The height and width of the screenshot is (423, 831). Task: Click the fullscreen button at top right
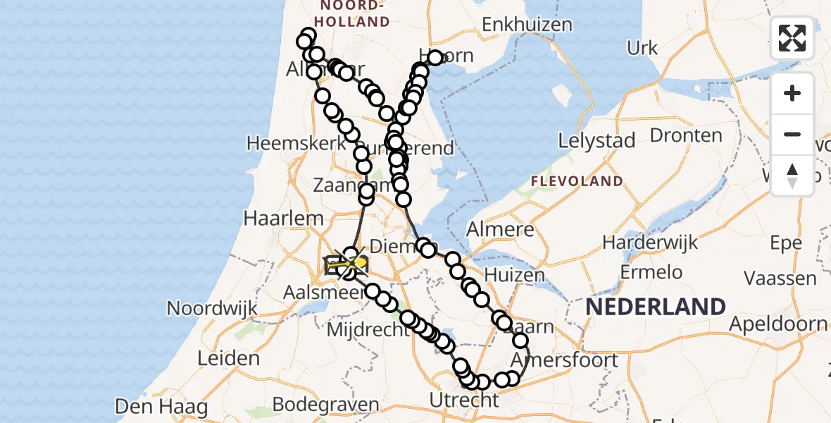tap(792, 38)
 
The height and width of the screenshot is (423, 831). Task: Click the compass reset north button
tap(792, 176)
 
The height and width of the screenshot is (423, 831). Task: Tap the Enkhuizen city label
tap(527, 25)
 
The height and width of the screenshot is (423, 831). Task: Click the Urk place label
tap(642, 48)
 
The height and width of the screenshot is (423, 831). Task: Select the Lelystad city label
tap(596, 140)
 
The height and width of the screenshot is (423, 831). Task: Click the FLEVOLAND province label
tap(577, 181)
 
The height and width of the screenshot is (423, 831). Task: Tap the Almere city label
tap(500, 229)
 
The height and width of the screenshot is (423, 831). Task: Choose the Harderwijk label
tap(650, 243)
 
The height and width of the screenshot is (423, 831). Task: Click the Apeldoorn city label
tap(778, 324)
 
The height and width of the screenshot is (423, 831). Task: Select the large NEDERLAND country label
tap(656, 307)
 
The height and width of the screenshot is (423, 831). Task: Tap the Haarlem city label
tap(273, 219)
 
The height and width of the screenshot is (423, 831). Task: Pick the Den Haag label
tap(161, 407)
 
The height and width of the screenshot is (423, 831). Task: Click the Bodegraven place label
tap(325, 405)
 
